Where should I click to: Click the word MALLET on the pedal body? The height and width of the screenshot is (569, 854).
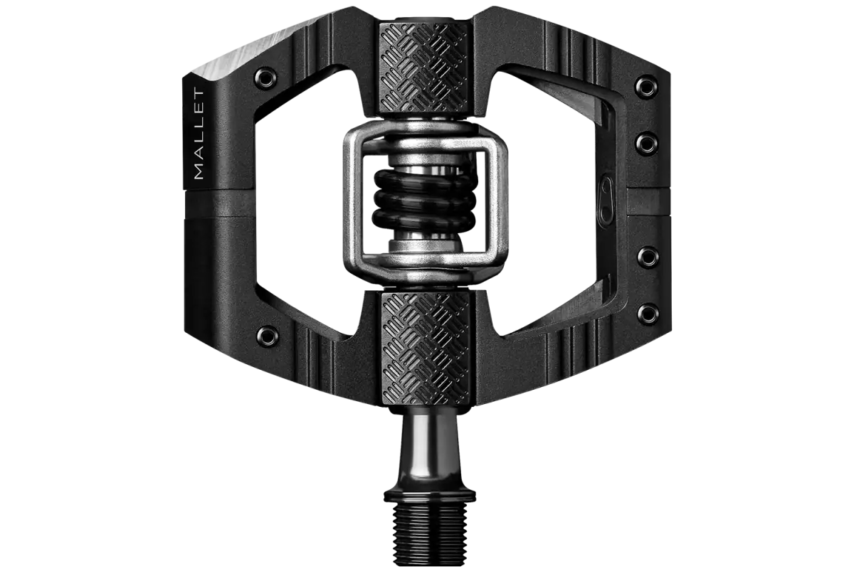[x=199, y=134]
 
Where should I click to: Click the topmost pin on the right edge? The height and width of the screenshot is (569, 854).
[x=646, y=87]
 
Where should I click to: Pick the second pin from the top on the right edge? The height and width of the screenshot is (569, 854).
[x=647, y=143]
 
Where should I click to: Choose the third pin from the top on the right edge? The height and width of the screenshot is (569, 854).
[x=648, y=257]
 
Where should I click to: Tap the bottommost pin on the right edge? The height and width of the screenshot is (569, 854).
[x=648, y=313]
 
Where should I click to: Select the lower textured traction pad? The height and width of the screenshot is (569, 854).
[x=426, y=349]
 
